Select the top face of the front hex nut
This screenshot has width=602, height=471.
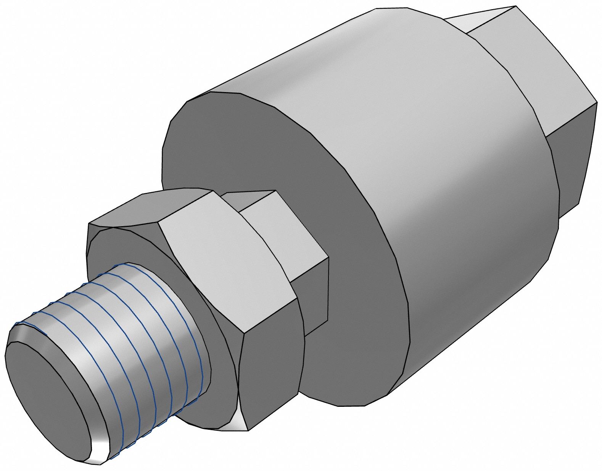point(153,208)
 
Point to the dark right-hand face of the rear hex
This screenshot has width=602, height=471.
point(572,160)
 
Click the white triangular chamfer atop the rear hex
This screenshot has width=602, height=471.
point(477,19)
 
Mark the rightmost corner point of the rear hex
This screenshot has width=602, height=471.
point(597,102)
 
